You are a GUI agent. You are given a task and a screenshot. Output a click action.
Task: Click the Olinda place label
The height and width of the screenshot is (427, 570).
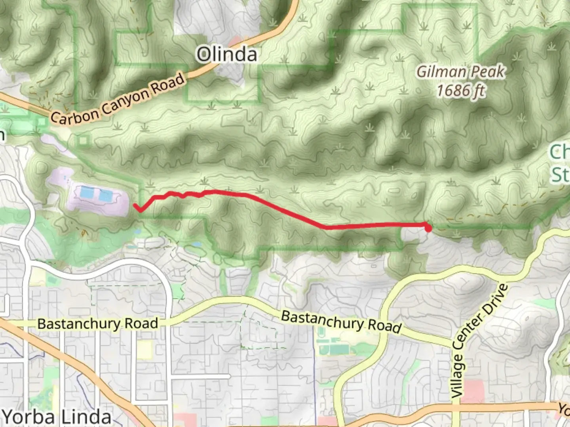(x=227, y=54)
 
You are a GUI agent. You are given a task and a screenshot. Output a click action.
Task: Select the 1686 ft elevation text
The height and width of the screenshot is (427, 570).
(x=460, y=91)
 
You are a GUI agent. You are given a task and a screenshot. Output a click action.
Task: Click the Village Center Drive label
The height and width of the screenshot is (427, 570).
(x=479, y=340)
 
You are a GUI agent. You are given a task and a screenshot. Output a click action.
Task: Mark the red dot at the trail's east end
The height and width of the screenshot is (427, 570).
(x=428, y=228)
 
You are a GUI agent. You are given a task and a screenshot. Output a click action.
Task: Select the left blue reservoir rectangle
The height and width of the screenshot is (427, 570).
(x=87, y=193)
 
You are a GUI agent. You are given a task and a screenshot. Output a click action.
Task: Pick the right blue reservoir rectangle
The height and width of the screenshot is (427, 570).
(x=106, y=195)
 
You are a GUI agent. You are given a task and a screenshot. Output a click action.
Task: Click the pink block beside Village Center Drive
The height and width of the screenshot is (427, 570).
(x=472, y=391)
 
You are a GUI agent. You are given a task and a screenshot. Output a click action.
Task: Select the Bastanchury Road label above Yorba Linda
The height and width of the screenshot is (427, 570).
(x=98, y=324)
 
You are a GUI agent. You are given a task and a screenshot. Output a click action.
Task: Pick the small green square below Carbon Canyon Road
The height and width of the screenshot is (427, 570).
(x=84, y=140)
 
